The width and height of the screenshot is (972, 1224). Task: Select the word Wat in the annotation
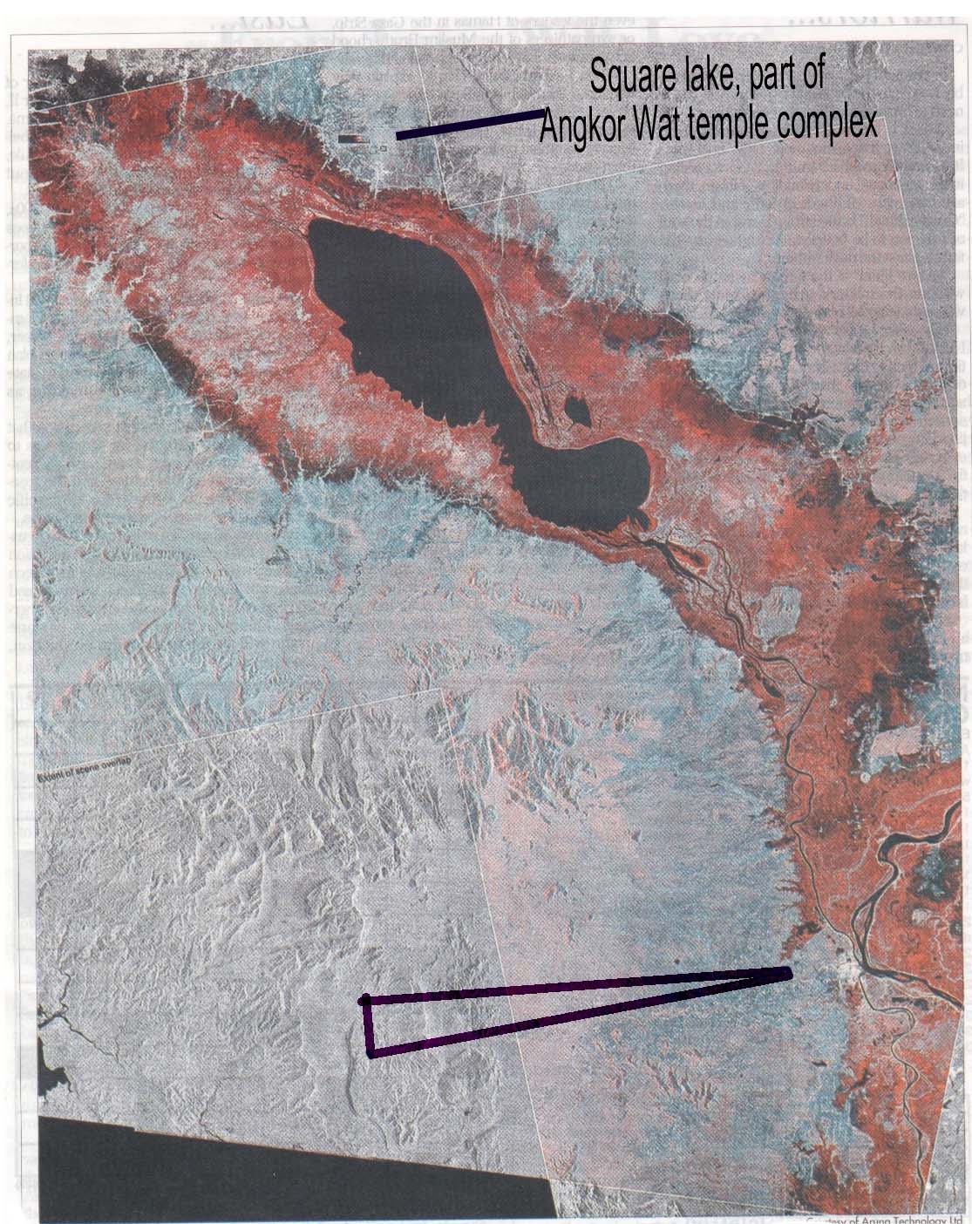[x=659, y=126]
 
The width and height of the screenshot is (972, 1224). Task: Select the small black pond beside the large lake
[x=575, y=407]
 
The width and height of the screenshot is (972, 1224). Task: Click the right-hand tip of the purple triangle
[x=786, y=973]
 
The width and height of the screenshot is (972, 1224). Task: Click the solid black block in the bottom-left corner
[x=262, y=1168]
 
